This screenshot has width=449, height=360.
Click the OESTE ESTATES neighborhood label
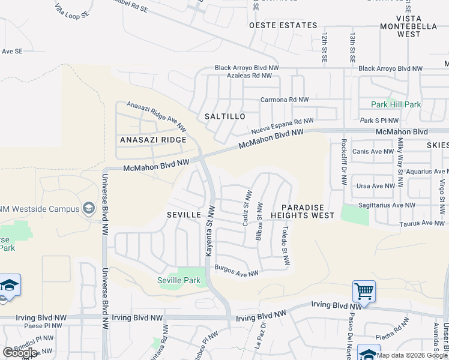(x=283, y=25)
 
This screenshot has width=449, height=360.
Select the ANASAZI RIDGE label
(x=153, y=140)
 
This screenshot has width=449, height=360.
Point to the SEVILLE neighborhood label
(x=183, y=214)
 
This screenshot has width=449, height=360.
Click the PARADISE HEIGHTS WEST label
(x=302, y=211)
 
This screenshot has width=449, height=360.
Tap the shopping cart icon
(x=364, y=292)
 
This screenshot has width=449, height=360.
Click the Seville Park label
(x=178, y=280)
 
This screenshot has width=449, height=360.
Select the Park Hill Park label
(x=396, y=104)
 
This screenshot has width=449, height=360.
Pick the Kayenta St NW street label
(x=210, y=232)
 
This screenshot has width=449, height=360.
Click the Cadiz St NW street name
(x=246, y=208)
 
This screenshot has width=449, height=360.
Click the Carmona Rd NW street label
(x=284, y=100)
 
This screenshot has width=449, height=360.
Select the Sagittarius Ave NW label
(x=385, y=205)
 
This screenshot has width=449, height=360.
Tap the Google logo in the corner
(x=20, y=353)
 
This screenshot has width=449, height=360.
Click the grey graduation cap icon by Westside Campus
(x=89, y=208)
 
